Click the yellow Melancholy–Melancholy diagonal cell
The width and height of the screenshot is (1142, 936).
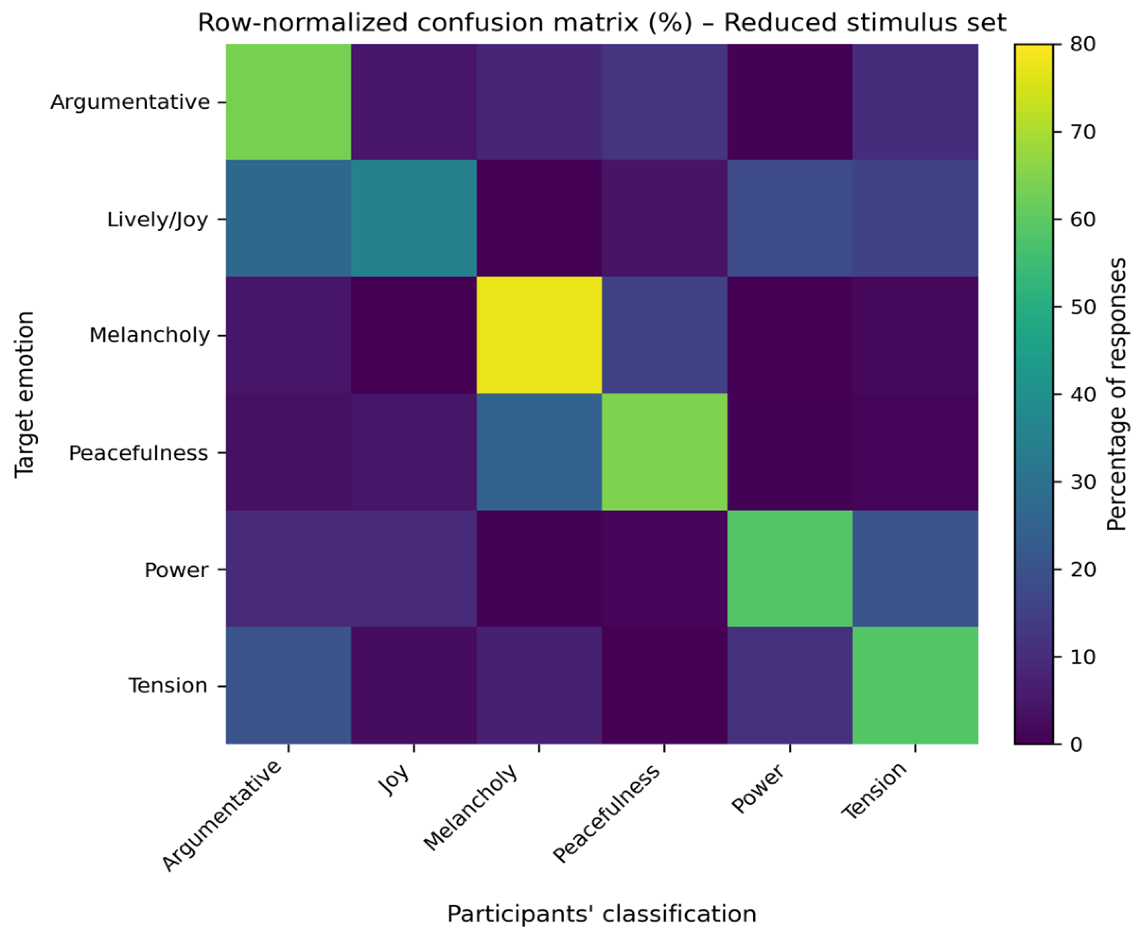pyautogui.click(x=539, y=335)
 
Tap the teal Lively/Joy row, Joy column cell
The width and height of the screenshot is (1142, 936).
pyautogui.click(x=413, y=218)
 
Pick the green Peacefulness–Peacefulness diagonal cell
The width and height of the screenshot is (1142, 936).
pyautogui.click(x=664, y=452)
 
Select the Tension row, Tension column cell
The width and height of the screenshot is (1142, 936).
pyautogui.click(x=915, y=685)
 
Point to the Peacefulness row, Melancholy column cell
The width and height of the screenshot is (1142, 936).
pyautogui.click(x=539, y=452)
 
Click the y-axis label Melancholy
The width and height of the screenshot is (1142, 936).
pyautogui.click(x=149, y=335)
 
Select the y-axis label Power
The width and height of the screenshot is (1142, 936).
pyautogui.click(x=176, y=570)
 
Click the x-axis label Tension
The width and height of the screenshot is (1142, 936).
pyautogui.click(x=874, y=791)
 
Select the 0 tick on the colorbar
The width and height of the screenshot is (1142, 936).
pyautogui.click(x=1076, y=745)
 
